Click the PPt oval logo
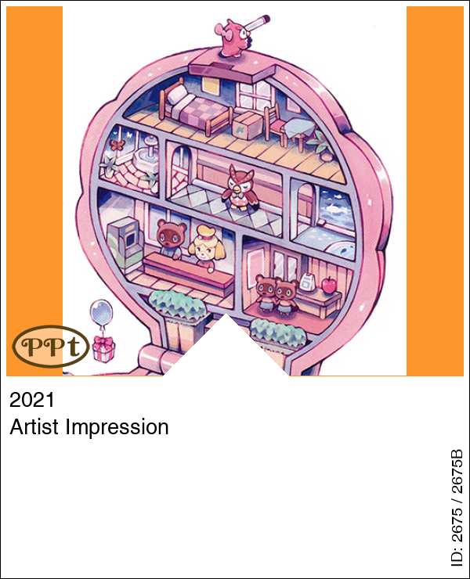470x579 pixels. pos(51,346)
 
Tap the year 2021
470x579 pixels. pos(32,400)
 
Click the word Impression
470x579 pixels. pos(117,427)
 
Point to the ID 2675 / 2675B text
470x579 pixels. pos(457,508)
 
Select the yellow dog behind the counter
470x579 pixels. pos(206,246)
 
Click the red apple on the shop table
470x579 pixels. pos(329,285)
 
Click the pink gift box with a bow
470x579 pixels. pos(103,349)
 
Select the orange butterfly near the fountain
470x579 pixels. pos(117,144)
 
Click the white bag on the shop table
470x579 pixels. pos(306,283)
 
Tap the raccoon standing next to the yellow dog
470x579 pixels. pos(171,238)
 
